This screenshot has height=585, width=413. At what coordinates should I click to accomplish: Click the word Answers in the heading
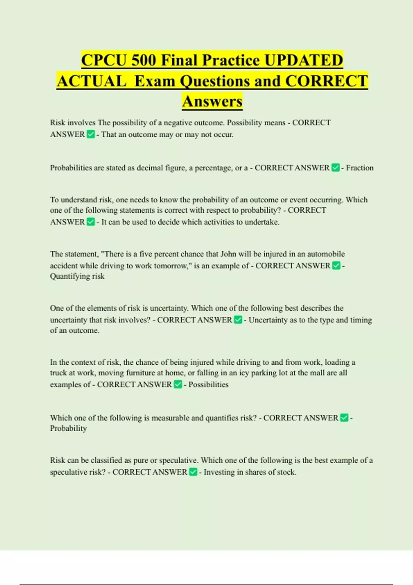pyautogui.click(x=212, y=101)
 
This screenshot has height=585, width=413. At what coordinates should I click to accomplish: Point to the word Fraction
pyautogui.click(x=360, y=168)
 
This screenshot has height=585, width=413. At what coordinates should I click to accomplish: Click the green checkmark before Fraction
pyautogui.click(x=336, y=168)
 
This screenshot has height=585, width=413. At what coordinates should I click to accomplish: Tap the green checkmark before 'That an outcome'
pyautogui.click(x=91, y=135)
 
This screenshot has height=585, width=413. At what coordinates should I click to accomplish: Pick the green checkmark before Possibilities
pyautogui.click(x=178, y=384)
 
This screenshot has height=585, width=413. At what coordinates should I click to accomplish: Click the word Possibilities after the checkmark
pyautogui.click(x=208, y=385)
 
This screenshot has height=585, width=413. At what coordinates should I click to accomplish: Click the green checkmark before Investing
pyautogui.click(x=193, y=472)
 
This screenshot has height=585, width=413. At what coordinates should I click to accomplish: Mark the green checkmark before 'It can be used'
pyautogui.click(x=91, y=222)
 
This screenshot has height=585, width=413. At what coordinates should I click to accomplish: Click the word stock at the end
pyautogui.click(x=286, y=472)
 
